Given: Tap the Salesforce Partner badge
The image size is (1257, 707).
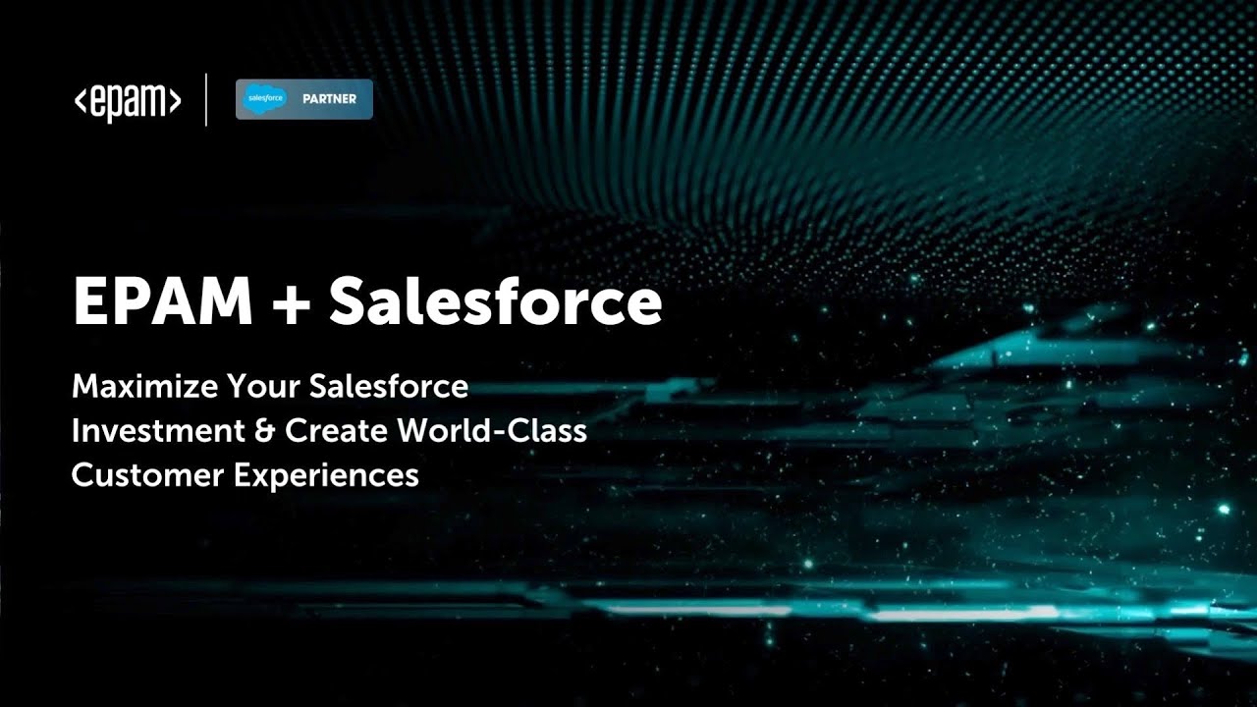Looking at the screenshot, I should tap(303, 99).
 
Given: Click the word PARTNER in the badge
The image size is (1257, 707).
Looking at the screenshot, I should tap(329, 99).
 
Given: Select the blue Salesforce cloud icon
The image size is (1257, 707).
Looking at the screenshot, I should tap(265, 99).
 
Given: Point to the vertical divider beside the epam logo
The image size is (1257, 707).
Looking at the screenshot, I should tap(206, 99).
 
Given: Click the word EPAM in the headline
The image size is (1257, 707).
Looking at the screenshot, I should tap(161, 302).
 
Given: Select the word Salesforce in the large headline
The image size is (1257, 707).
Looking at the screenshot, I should tap(495, 302).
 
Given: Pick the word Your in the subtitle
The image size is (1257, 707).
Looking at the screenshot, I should tap(261, 386).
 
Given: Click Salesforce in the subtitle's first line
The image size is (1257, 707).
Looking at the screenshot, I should tap(388, 386).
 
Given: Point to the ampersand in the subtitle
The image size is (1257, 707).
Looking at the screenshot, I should tap(265, 430).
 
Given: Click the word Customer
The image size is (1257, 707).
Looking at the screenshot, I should tap(146, 475).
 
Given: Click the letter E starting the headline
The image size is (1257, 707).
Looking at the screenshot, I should tap(89, 302).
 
